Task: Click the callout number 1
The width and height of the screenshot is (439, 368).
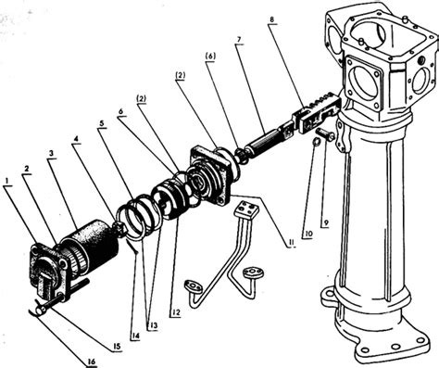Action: point(8,181)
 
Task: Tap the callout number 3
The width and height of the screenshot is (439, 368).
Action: point(52,153)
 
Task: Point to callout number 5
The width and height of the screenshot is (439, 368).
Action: point(102,122)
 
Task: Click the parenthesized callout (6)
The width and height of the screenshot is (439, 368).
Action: point(211,56)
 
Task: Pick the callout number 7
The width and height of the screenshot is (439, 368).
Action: point(240,40)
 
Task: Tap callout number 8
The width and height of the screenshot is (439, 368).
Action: point(271,19)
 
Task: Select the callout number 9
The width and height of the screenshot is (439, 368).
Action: point(325,222)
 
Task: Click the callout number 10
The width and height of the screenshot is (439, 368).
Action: point(307,234)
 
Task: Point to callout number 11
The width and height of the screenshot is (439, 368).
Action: point(290,243)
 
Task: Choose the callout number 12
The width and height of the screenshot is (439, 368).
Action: point(176,312)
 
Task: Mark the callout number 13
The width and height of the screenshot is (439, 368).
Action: point(152,325)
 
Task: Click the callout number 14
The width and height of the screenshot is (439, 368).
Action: point(135,336)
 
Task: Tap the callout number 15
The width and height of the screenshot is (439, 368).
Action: point(118,346)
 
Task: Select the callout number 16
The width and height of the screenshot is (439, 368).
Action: point(92,362)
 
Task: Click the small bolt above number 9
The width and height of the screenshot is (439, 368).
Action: point(326,134)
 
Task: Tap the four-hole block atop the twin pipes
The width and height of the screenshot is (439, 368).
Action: point(245,209)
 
